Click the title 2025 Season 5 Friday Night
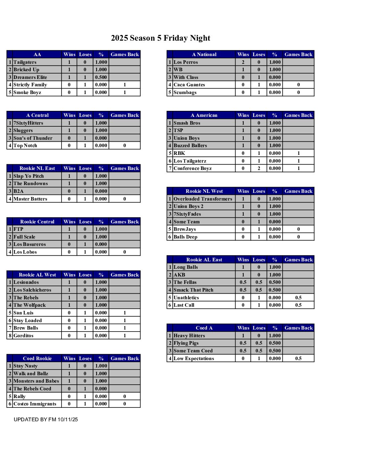[x=160, y=38]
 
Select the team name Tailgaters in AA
[x=25, y=62]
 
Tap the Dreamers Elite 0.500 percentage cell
[x=101, y=77]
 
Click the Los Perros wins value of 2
[x=243, y=62]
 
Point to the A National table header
[x=204, y=54]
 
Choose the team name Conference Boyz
[x=192, y=168]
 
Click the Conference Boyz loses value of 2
[x=259, y=168]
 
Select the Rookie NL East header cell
[x=37, y=168]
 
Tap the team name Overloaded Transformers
[x=203, y=199]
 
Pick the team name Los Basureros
[x=30, y=244]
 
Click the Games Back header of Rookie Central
[x=124, y=222]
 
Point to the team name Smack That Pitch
[x=193, y=290]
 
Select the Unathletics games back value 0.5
[x=298, y=298]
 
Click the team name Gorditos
[x=24, y=336]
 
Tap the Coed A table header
[x=204, y=328]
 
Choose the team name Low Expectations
[x=194, y=358]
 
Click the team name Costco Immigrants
[x=35, y=404]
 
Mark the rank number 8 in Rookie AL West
[x=10, y=336]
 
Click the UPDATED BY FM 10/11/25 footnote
[x=46, y=420]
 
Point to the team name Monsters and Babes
[x=36, y=381]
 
